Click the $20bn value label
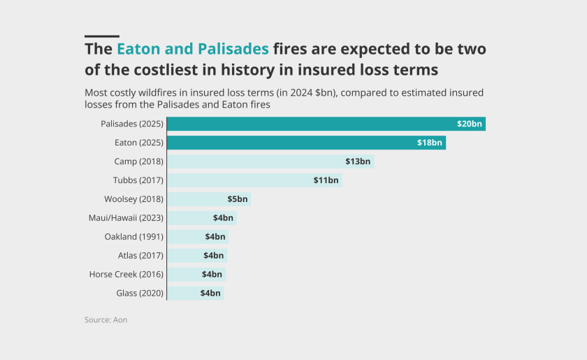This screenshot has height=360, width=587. click(x=470, y=124)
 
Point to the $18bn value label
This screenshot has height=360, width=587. click(x=430, y=143)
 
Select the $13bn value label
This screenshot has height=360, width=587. click(x=358, y=161)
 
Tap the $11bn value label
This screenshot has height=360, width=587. click(x=326, y=180)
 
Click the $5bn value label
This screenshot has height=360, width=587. click(x=238, y=199)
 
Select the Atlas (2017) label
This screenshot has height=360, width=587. click(x=140, y=256)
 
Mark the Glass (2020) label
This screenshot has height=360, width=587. click(x=139, y=294)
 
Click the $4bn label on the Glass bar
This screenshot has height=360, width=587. click(x=210, y=294)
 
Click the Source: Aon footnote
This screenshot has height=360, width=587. click(x=106, y=319)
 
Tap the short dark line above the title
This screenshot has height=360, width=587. click(x=101, y=36)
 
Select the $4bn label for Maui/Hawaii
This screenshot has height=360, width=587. click(x=223, y=218)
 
